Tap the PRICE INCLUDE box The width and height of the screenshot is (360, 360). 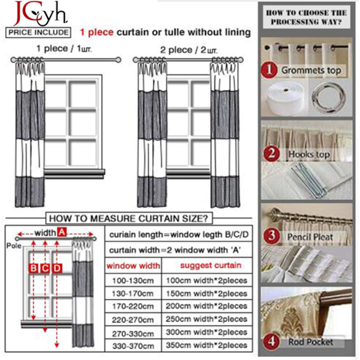[x=38, y=32]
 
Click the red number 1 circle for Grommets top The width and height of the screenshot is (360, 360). [x=269, y=70]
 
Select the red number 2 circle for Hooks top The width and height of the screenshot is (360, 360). [x=271, y=153]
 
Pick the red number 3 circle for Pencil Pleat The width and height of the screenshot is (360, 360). [x=272, y=236]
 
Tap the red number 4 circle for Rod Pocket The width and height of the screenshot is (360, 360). [x=271, y=341]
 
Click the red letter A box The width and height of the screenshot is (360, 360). [x=62, y=232]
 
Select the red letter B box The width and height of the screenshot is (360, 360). [x=33, y=268]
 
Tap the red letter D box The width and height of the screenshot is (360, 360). [x=57, y=268]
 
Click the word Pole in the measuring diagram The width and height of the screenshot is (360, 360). [x=14, y=246]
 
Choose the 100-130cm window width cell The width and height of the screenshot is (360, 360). [x=133, y=280]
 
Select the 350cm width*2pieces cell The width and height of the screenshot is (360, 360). [x=207, y=345]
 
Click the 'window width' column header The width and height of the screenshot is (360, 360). [x=133, y=265]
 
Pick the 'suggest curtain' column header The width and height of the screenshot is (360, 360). [x=211, y=265]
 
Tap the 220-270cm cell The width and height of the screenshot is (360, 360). [x=133, y=319]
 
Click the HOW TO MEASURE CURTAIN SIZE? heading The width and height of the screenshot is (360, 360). [x=129, y=218]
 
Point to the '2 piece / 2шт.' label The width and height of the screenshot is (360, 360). [x=189, y=50]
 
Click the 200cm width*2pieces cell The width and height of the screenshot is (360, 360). [x=207, y=306]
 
